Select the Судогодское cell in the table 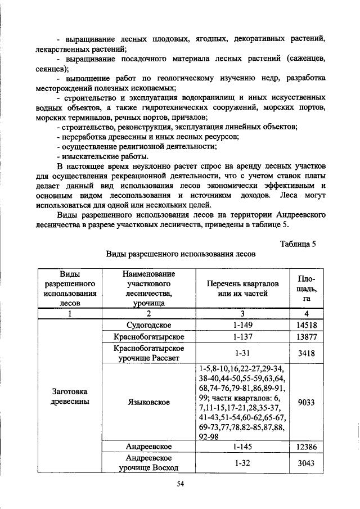click(148, 326)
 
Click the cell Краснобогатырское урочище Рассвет click(148, 353)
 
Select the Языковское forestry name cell click(148, 403)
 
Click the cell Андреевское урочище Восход click(148, 463)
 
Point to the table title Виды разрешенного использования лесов click(181, 254)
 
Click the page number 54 click(181, 485)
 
